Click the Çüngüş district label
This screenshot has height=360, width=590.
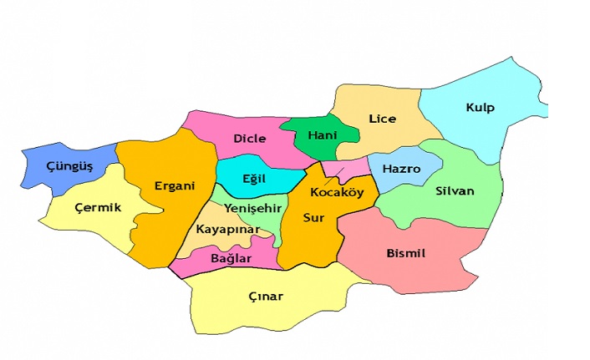pyautogui.click(x=69, y=166)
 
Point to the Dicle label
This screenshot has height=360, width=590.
pyautogui.click(x=249, y=138)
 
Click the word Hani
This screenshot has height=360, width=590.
pyautogui.click(x=322, y=134)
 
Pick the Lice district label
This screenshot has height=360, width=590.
pyautogui.click(x=382, y=119)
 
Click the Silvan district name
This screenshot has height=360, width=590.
pyautogui.click(x=454, y=190)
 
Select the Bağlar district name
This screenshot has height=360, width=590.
pyautogui.click(x=231, y=259)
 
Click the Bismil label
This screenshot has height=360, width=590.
pyautogui.click(x=407, y=252)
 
